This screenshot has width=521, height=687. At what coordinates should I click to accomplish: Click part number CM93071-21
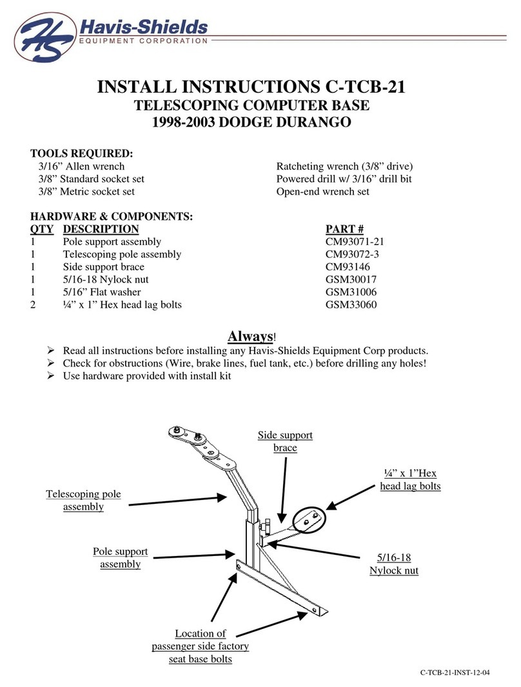tap(357, 242)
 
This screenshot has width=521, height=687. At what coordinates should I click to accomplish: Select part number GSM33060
tap(351, 303)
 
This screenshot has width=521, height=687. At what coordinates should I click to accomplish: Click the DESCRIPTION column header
tap(100, 230)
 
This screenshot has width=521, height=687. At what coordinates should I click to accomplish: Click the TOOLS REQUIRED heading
tap(82, 154)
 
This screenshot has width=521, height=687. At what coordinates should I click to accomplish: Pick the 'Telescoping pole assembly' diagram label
tap(83, 501)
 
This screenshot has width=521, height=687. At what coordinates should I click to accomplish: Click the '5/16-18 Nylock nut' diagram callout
tap(393, 564)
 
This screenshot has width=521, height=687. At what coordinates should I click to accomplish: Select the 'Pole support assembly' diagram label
tap(120, 558)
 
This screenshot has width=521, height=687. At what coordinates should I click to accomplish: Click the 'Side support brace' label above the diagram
tap(284, 441)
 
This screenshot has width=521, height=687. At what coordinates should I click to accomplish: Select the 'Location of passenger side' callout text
tap(200, 640)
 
